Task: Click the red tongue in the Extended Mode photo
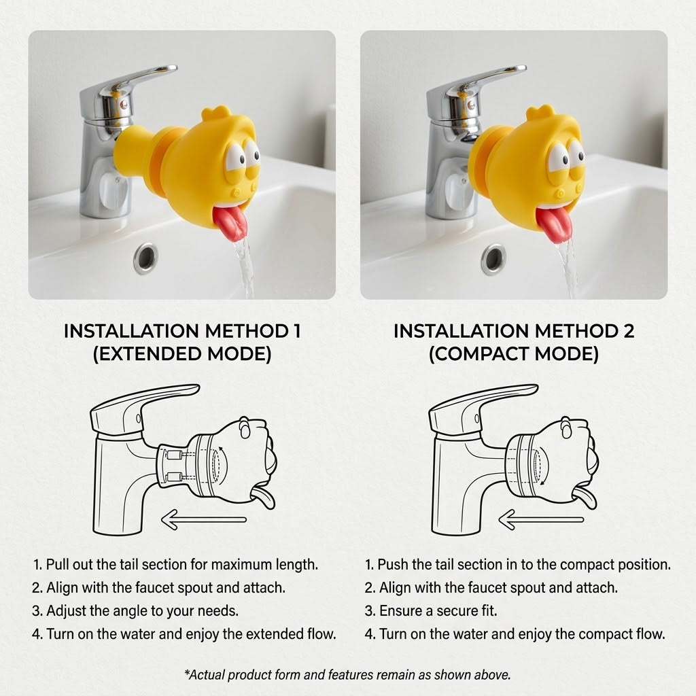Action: coord(230,223)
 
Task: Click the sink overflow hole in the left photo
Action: coord(145,258)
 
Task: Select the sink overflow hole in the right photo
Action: coord(493,259)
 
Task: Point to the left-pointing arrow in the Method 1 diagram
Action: coord(204,519)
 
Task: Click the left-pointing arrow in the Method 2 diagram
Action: coord(541,519)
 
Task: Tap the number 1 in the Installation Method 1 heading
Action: coord(296,331)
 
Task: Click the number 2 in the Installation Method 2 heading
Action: coord(628,331)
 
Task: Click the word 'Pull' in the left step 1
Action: coord(57,564)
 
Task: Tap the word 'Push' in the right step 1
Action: coord(392,564)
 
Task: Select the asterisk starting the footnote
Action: coord(188,672)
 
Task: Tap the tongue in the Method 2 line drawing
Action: coord(585,498)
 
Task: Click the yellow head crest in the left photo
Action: coord(215,113)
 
